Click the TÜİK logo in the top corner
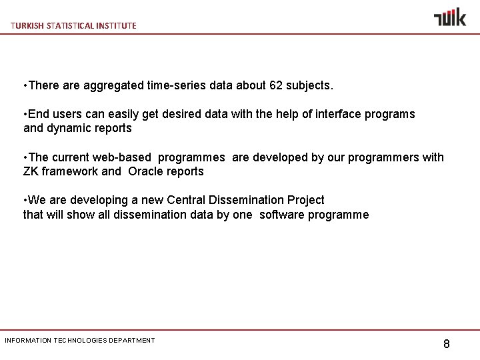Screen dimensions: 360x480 pyautogui.click(x=449, y=17)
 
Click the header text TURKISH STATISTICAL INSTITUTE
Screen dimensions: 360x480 pyautogui.click(x=73, y=25)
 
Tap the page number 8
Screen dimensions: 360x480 pyautogui.click(x=446, y=344)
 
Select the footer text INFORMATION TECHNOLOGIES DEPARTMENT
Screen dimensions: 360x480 pyautogui.click(x=80, y=340)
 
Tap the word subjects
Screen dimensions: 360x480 pyautogui.click(x=311, y=86)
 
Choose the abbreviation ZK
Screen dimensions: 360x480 pyautogui.click(x=31, y=171)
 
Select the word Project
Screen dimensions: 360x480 pyautogui.click(x=305, y=200)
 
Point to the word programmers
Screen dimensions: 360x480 pyautogui.click(x=388, y=157)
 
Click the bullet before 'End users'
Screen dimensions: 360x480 pyautogui.click(x=25, y=114)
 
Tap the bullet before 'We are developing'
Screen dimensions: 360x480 pyautogui.click(x=25, y=200)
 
